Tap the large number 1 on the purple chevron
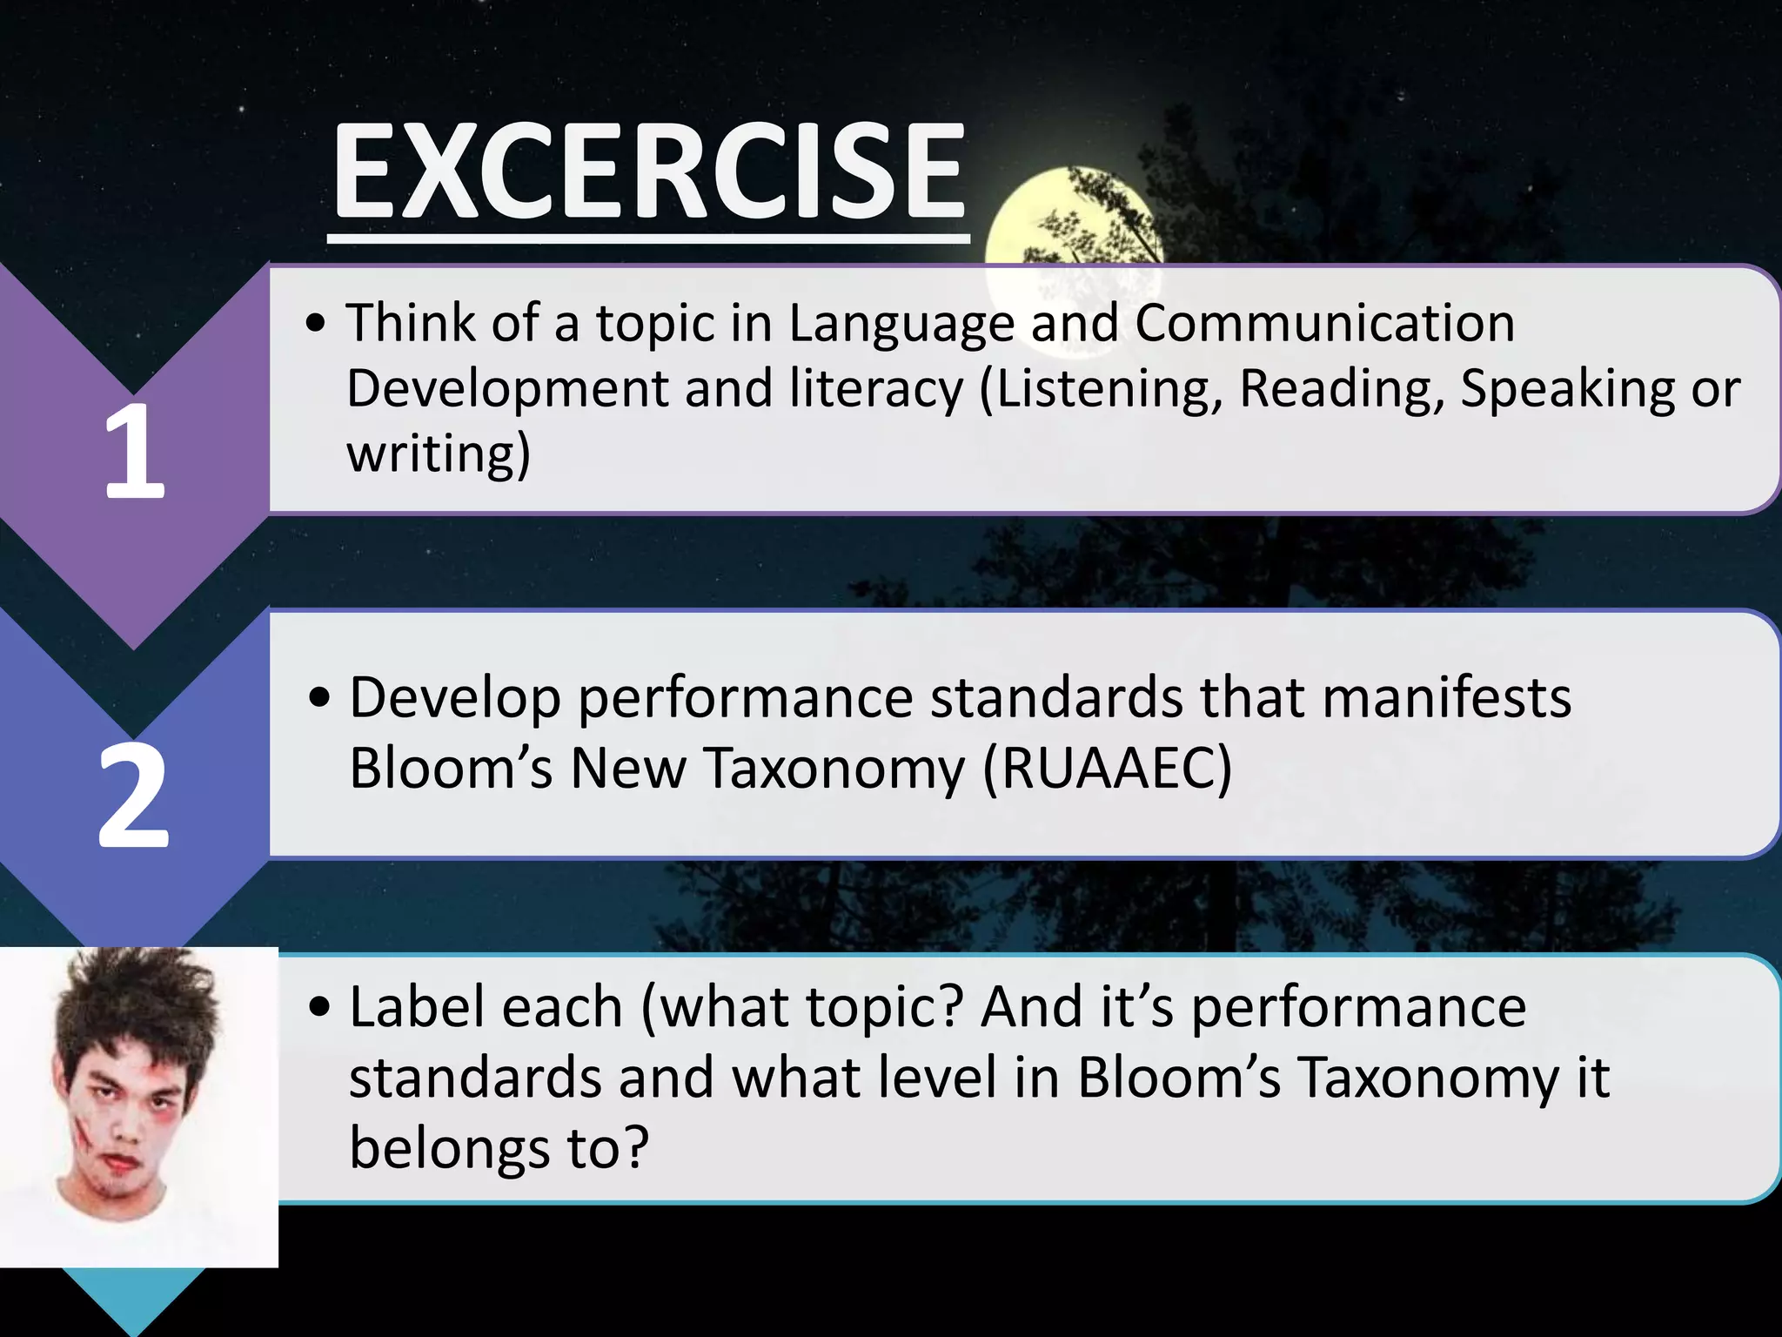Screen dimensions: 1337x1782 tap(134, 453)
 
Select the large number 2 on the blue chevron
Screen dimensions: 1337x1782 tap(133, 797)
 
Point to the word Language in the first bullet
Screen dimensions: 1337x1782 tap(901, 324)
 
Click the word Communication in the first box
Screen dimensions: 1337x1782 tap(1324, 324)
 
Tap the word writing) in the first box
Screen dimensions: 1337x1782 tap(438, 454)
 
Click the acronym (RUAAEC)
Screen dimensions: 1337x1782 tap(1107, 769)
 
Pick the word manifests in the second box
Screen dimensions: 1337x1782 tap(1446, 698)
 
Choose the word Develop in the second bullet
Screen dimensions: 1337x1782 tap(455, 700)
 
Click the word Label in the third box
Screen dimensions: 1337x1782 tap(486, 1008)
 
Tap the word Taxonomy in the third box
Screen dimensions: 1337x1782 tap(1429, 1078)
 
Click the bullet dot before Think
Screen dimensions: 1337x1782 tap(317, 325)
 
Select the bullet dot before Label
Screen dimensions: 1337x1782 tap(319, 1009)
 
